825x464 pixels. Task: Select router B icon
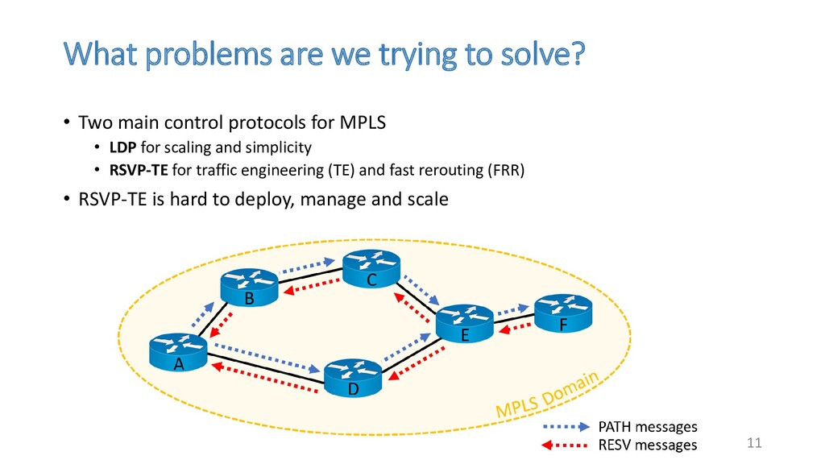(x=249, y=285)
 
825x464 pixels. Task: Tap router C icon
(x=371, y=267)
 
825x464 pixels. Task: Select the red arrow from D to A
(x=261, y=378)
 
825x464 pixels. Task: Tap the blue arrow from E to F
(x=515, y=308)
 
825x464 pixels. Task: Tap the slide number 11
(x=754, y=444)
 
